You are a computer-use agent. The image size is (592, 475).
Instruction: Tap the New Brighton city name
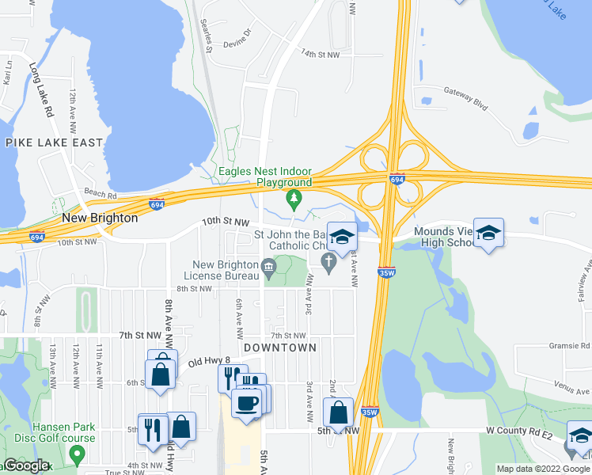pyautogui.click(x=100, y=218)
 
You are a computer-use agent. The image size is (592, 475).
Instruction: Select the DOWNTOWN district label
pyautogui.click(x=280, y=348)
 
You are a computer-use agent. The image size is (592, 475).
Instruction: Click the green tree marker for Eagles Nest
pyautogui.click(x=294, y=197)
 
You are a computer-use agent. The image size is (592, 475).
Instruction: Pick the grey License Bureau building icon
pyautogui.click(x=268, y=270)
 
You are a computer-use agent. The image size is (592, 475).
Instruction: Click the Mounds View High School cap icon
pyautogui.click(x=488, y=232)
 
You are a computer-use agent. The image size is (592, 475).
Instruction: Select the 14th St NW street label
pyautogui.click(x=320, y=54)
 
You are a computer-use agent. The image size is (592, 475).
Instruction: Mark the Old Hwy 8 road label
pyautogui.click(x=208, y=363)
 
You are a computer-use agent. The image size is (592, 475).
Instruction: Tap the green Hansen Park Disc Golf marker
pyautogui.click(x=77, y=454)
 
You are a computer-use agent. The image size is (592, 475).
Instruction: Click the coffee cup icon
pyautogui.click(x=245, y=402)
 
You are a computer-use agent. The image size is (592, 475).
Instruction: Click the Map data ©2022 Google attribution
pyautogui.click(x=543, y=469)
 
